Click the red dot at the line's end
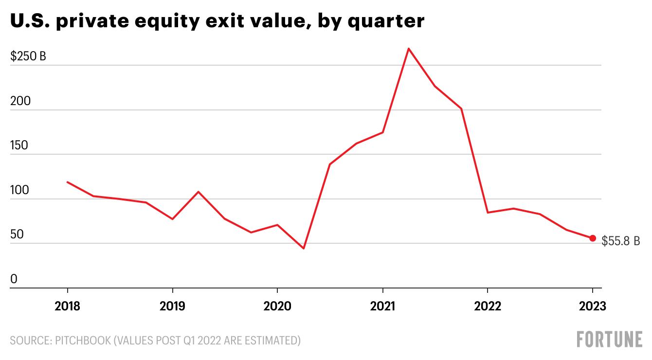point(593,238)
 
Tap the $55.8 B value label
point(620,241)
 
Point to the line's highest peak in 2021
point(409,49)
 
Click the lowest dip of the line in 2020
point(304,248)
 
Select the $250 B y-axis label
point(28,56)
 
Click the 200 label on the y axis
point(20,101)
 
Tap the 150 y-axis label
point(19,145)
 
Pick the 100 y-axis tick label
point(19,190)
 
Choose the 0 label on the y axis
point(14,279)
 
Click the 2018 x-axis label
point(67,306)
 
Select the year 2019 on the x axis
point(172,306)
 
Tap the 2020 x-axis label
point(277,306)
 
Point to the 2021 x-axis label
point(382,306)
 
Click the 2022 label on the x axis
point(488,306)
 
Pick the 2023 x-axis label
point(593,306)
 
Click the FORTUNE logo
point(610,339)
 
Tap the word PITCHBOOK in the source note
point(83,340)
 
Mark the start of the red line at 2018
point(67,182)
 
